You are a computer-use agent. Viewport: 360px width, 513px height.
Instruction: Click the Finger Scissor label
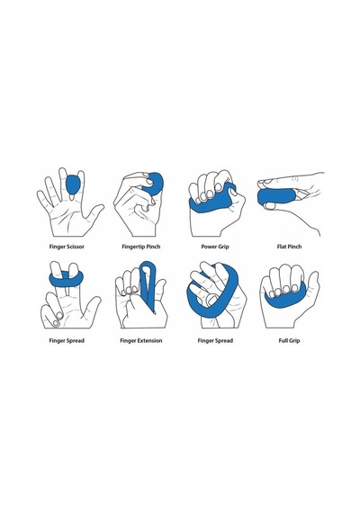pos(67,247)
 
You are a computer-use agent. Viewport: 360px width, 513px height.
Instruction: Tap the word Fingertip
pos(133,247)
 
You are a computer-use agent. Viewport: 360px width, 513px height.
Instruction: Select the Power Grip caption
pos(215,247)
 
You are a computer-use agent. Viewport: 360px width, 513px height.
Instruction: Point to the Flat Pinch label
pos(289,247)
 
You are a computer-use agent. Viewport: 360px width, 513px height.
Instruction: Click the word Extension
pos(149,340)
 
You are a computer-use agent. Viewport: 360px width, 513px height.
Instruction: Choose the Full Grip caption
pos(289,340)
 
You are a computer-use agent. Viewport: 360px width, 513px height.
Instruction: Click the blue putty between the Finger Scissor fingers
pos(73,184)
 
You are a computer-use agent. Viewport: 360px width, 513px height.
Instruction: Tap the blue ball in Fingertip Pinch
pos(153,184)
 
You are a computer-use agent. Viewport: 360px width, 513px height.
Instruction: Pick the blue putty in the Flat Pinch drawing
pos(276,198)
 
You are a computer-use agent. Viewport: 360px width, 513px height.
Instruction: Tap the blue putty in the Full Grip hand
pos(285,298)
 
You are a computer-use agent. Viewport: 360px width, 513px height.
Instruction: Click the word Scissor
pos(76,247)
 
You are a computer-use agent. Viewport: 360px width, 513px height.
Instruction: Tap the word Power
pos(208,247)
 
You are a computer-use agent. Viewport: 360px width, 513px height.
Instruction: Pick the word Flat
pos(282,247)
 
